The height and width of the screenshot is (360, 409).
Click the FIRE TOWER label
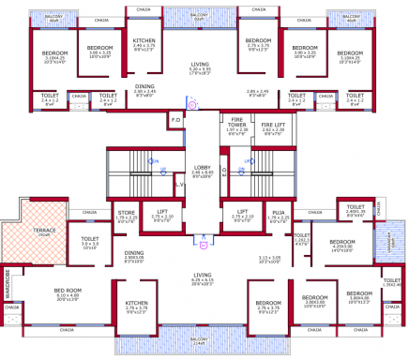tap(237, 123)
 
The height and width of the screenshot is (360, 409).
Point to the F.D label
tap(175, 120)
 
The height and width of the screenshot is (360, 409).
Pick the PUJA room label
tap(279, 214)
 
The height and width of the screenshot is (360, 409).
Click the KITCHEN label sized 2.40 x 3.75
tap(144, 41)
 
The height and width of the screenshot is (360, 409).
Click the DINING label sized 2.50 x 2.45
tap(144, 87)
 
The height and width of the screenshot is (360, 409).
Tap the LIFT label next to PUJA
tap(242, 212)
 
